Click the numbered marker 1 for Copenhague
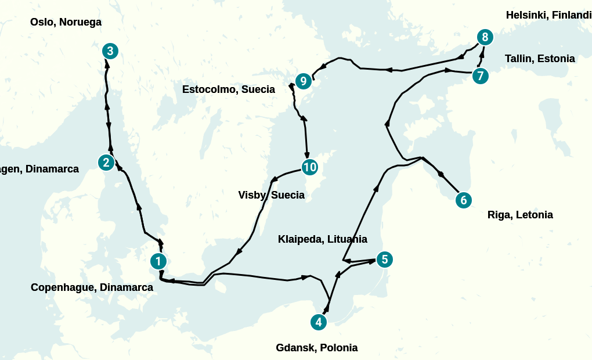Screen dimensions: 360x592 [158, 261]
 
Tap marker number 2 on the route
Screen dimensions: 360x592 [106, 163]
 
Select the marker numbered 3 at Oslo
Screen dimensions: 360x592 [110, 51]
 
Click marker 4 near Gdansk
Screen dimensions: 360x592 [317, 322]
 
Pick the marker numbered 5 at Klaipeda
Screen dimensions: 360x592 [384, 260]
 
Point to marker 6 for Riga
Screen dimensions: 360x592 [463, 200]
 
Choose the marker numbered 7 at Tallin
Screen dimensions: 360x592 [480, 76]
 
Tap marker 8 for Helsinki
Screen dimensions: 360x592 [485, 38]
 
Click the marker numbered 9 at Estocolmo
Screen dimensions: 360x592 [303, 81]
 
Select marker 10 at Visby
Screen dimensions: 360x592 [309, 167]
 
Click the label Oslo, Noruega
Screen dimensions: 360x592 [66, 23]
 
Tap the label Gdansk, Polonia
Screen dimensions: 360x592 [316, 348]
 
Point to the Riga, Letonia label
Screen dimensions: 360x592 [520, 215]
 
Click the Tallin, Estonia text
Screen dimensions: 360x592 [540, 59]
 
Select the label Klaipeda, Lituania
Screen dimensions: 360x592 [323, 239]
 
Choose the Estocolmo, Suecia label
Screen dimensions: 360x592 [229, 90]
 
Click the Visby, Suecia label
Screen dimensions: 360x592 [271, 195]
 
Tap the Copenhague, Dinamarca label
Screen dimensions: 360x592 [92, 287]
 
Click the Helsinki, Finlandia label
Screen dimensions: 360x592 [548, 15]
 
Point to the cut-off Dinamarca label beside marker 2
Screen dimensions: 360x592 [39, 170]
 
